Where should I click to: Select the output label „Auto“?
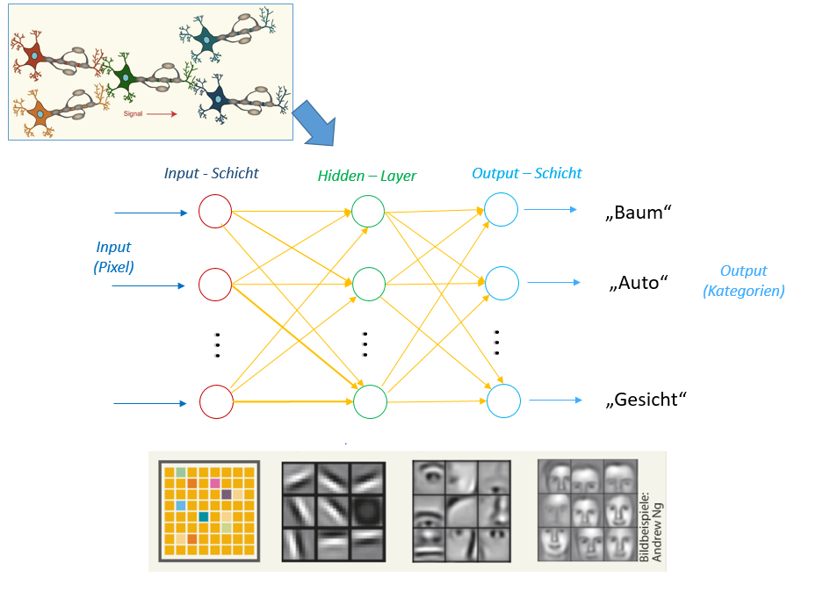tap(639, 284)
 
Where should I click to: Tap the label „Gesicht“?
tap(646, 400)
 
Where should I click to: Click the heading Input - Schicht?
tap(211, 173)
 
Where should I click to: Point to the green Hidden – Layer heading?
tap(366, 176)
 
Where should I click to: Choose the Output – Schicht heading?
tap(526, 173)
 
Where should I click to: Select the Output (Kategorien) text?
tap(743, 281)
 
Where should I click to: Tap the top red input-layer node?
tap(215, 212)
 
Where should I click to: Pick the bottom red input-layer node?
tap(215, 401)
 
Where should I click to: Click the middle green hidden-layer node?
tap(368, 283)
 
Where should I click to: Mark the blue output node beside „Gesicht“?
tap(502, 401)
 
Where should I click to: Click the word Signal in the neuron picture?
tap(134, 113)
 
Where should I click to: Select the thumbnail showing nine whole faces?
tap(587, 509)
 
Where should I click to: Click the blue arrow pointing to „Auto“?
tap(553, 282)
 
